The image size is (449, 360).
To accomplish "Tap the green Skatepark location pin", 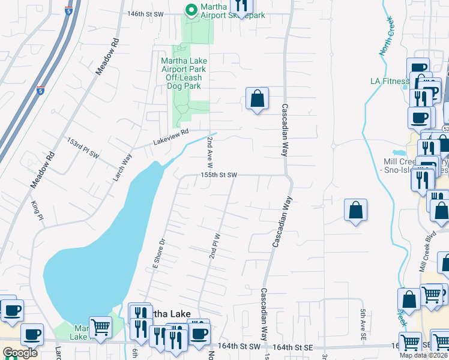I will click(x=191, y=10).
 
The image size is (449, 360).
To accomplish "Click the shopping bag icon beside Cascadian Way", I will click(x=257, y=99).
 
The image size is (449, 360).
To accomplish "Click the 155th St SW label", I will click(x=219, y=175).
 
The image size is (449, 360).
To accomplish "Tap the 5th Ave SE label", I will click(x=363, y=325).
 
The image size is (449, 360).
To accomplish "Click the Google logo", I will click(x=20, y=353).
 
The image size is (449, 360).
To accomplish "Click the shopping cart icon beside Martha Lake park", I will click(x=100, y=328).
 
